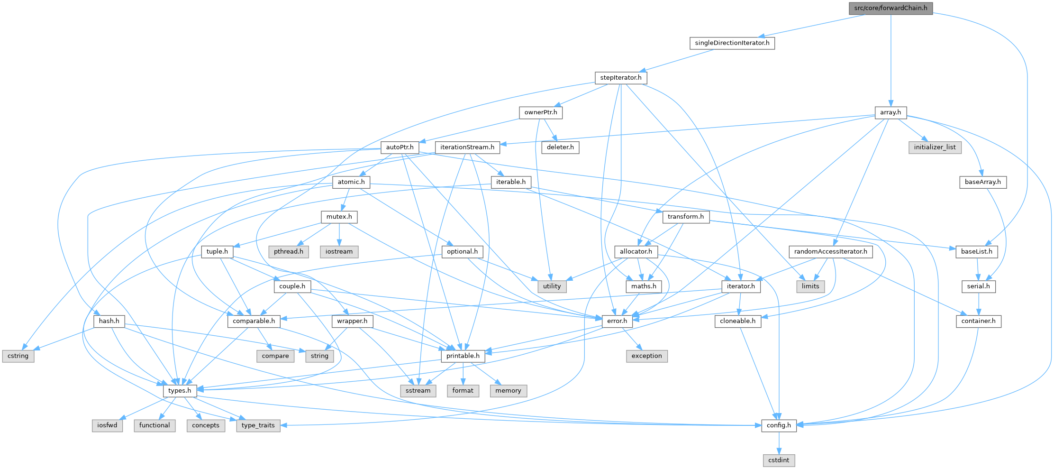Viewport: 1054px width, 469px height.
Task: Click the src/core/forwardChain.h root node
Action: (890, 8)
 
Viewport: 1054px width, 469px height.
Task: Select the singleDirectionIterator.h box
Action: (732, 43)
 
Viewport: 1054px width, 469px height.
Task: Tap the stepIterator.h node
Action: (621, 78)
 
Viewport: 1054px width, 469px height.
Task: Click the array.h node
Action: (890, 112)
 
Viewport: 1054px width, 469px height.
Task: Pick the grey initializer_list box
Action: (935, 147)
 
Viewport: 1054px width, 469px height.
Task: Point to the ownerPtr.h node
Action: (541, 112)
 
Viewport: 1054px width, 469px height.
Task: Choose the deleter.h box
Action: (560, 147)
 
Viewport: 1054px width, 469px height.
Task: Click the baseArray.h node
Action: (983, 182)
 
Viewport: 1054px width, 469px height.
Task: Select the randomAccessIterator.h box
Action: (831, 252)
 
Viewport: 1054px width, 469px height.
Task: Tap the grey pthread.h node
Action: (289, 252)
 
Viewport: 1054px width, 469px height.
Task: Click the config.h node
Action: (779, 425)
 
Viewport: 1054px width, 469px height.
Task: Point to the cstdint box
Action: (779, 460)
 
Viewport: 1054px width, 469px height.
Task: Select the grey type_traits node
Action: (258, 425)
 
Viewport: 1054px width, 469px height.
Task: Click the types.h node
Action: (180, 391)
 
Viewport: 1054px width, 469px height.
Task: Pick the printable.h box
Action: (463, 356)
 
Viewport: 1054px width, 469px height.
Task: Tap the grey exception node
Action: (646, 356)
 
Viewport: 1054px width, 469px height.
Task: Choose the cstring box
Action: (18, 356)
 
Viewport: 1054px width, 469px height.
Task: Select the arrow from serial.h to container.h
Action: (979, 304)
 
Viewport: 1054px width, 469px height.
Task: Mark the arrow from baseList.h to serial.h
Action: (978, 269)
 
